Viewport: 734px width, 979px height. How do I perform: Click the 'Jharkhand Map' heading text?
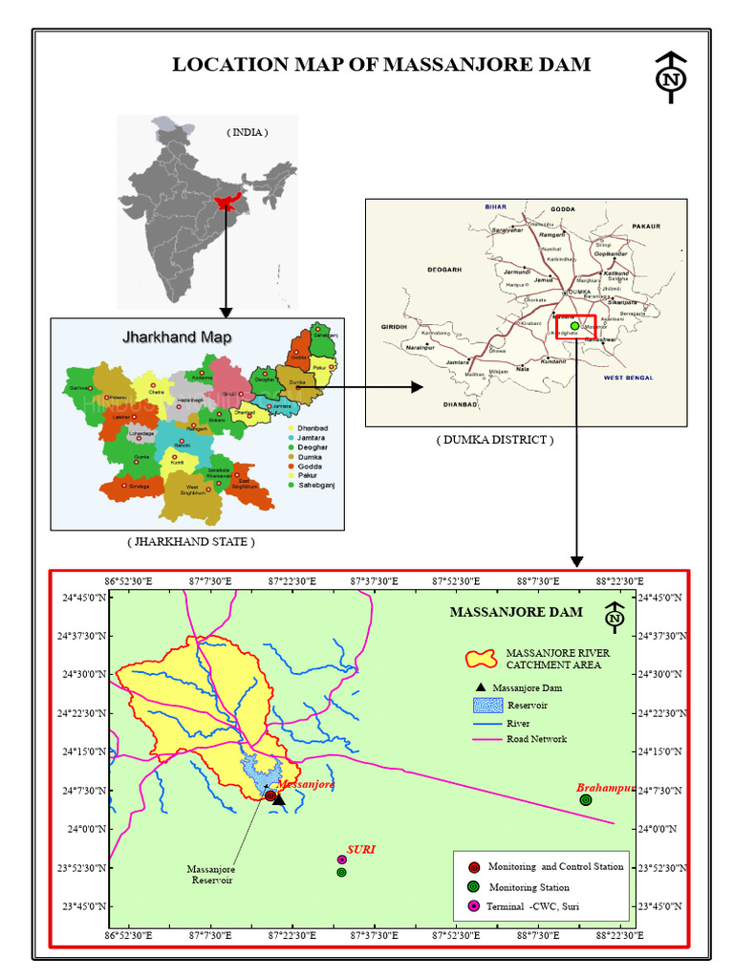click(176, 337)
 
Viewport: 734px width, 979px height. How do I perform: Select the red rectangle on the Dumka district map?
click(576, 327)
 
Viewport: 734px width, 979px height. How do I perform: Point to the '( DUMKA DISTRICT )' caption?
click(494, 440)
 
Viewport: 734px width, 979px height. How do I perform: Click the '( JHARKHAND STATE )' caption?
click(191, 541)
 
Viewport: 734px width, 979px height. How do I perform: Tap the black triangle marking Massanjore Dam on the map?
click(278, 799)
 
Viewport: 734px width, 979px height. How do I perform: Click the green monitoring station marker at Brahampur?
click(586, 800)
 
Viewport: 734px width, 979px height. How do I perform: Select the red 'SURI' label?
click(360, 848)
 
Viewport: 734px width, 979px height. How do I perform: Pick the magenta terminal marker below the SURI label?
click(341, 859)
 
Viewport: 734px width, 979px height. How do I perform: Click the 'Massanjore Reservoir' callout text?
click(210, 875)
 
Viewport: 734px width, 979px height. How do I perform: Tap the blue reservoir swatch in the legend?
click(486, 706)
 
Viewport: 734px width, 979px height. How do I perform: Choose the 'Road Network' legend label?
click(536, 739)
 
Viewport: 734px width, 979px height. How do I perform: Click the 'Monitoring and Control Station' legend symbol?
click(474, 867)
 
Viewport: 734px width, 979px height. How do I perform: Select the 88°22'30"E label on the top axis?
click(619, 580)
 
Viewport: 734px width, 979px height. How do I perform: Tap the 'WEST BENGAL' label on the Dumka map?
click(629, 379)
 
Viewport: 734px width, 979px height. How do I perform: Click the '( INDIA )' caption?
click(248, 132)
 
